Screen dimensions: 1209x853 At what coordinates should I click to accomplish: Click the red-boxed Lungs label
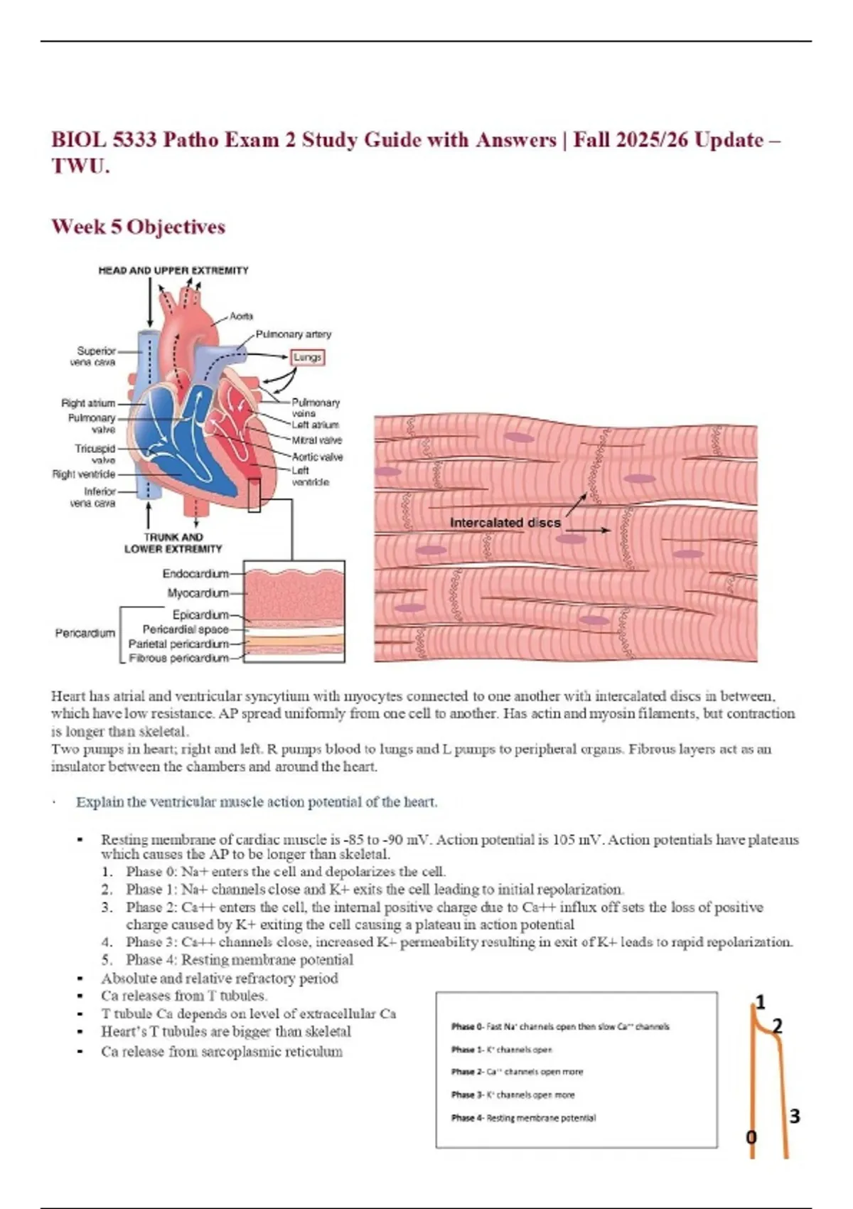pos(308,357)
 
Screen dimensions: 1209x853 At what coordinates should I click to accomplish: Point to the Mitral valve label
pos(317,440)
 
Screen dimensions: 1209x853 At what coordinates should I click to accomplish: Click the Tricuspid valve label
pos(95,454)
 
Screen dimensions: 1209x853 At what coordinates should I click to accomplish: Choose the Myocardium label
pos(198,593)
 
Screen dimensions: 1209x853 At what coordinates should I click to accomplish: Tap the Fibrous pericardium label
pos(178,659)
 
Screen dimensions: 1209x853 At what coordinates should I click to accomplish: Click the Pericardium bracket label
pos(85,633)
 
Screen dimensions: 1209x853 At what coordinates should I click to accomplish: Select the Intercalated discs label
pos(505,523)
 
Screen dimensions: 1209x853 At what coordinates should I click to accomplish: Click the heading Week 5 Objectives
pos(139,227)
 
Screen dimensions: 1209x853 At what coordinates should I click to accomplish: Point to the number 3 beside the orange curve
pos(795,1117)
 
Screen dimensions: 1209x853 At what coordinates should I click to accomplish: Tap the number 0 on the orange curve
pos(751,1137)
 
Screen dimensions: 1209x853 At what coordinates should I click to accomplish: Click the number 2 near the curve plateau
pos(777,1026)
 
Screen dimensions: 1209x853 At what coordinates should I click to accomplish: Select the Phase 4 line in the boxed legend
pos(523,1118)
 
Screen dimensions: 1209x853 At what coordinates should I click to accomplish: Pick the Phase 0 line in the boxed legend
pos(560,1026)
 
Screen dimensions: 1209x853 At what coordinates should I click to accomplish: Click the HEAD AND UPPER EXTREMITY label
pos(173,270)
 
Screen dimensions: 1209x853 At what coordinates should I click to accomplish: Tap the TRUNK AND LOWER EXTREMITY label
pos(173,543)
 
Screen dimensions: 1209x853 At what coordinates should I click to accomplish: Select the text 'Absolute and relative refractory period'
pos(220,978)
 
